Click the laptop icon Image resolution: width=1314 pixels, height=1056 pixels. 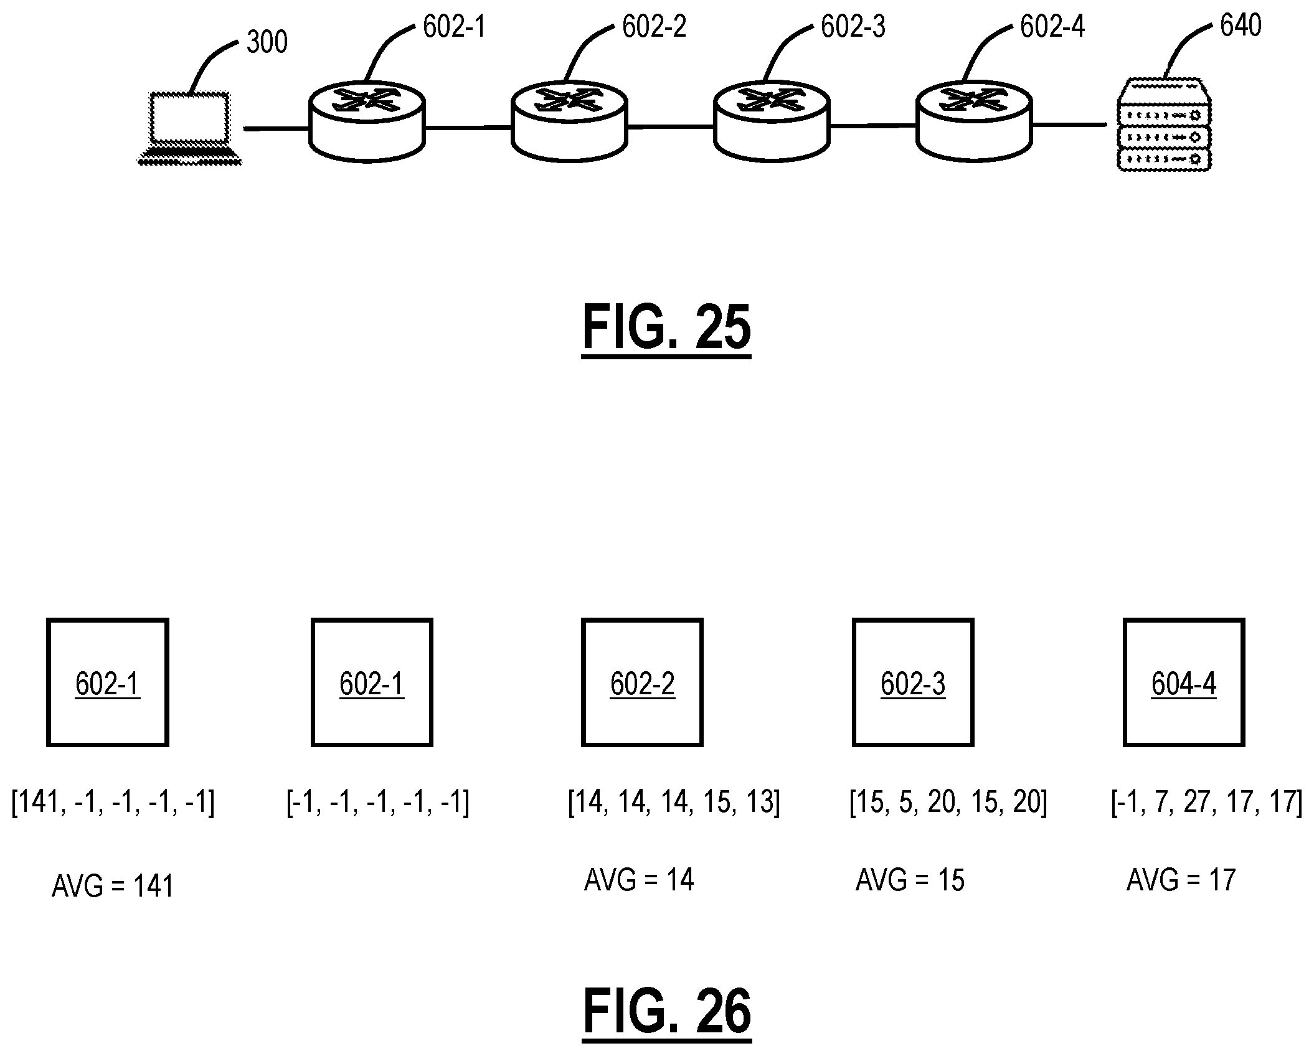[x=189, y=128]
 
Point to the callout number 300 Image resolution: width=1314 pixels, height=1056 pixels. [x=267, y=42]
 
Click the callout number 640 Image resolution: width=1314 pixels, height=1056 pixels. [x=1240, y=26]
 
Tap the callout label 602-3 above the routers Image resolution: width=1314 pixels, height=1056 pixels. [x=853, y=27]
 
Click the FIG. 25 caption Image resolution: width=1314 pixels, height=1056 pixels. [x=666, y=328]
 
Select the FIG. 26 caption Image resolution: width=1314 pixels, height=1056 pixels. [x=667, y=1012]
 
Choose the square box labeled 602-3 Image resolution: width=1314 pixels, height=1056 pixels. [x=913, y=682]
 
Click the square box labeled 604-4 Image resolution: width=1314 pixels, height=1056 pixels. [x=1184, y=682]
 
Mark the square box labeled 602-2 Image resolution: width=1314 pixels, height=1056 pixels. [x=642, y=682]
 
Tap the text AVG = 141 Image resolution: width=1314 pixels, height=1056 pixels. [x=113, y=886]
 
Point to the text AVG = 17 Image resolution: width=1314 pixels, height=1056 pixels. [x=1181, y=880]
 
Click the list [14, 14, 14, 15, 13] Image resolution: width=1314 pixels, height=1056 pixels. [x=674, y=802]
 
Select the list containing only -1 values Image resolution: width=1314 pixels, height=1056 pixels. [x=377, y=802]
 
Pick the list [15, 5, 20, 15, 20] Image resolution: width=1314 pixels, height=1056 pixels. [x=948, y=802]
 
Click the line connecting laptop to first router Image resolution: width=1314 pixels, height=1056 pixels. [x=277, y=129]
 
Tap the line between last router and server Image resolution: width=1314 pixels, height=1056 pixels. [x=1069, y=125]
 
